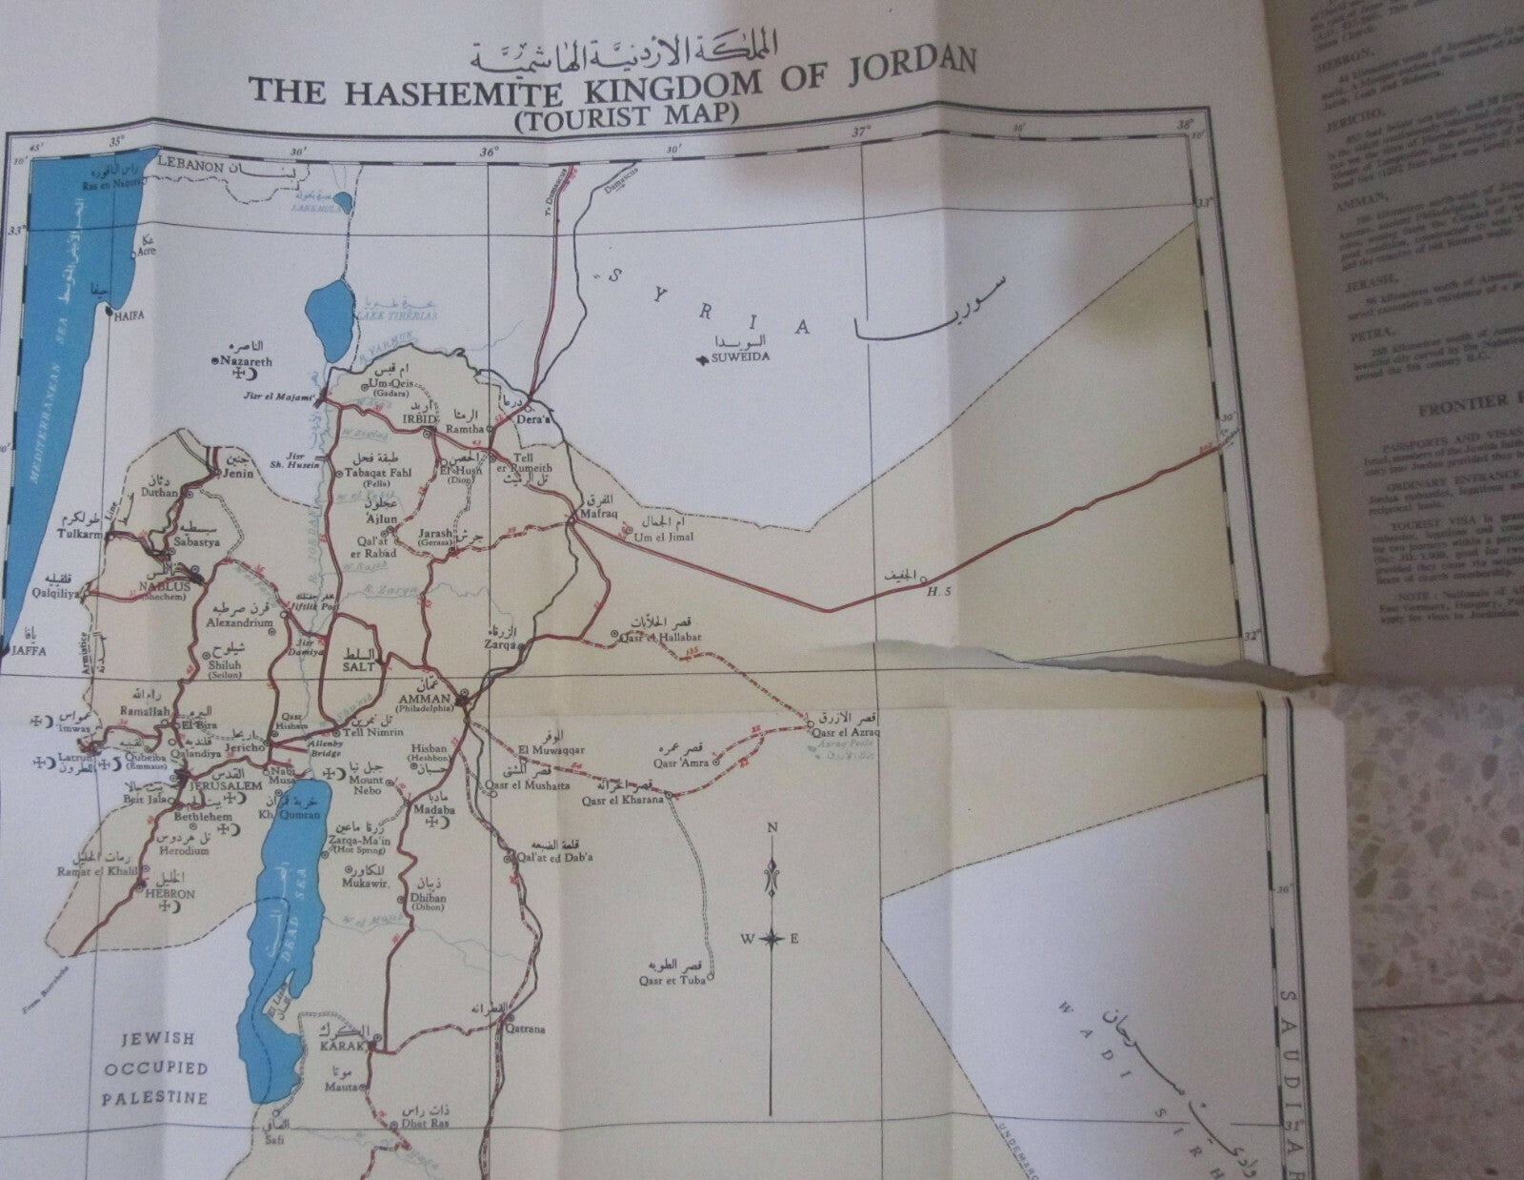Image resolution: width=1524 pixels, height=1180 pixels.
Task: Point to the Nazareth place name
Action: click(x=246, y=362)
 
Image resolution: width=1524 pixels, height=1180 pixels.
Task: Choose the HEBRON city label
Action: click(x=170, y=894)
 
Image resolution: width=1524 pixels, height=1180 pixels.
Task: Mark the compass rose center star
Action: click(x=773, y=939)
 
